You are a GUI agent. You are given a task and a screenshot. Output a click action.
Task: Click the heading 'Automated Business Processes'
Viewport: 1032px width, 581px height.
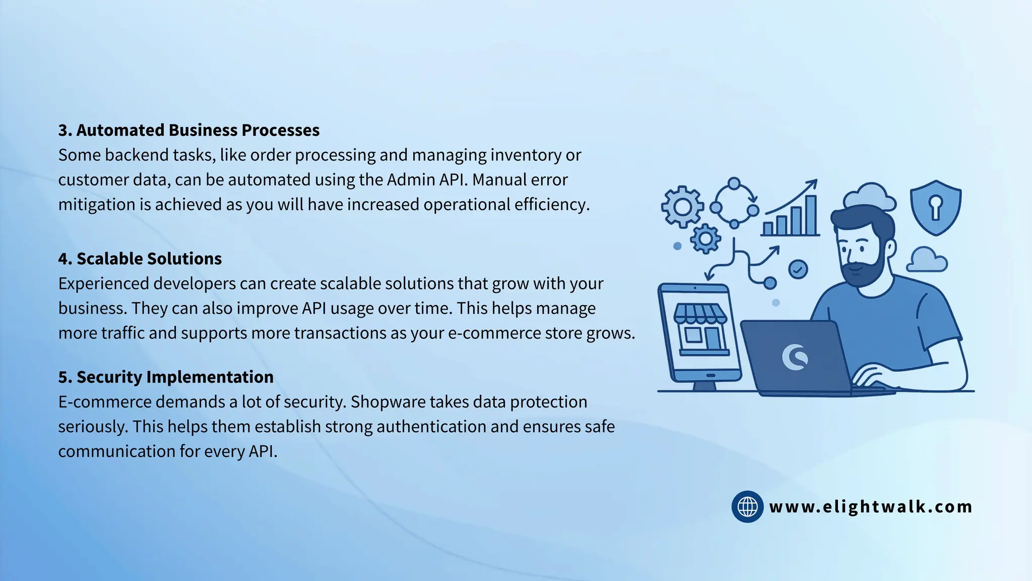pyautogui.click(x=198, y=130)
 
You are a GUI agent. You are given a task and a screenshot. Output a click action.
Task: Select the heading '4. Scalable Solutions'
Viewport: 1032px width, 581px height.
pyautogui.click(x=140, y=259)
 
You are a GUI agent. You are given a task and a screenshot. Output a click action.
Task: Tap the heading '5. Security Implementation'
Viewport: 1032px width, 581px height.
pyautogui.click(x=166, y=377)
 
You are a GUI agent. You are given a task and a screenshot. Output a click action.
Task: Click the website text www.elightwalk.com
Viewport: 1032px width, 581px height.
pyautogui.click(x=871, y=506)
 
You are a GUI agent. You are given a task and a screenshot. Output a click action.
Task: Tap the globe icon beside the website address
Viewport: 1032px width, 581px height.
pyautogui.click(x=747, y=506)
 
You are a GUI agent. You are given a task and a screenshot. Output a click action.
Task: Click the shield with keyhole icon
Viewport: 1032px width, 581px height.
pyautogui.click(x=935, y=207)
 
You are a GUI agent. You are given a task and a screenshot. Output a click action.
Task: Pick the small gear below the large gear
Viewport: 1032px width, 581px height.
pyautogui.click(x=705, y=238)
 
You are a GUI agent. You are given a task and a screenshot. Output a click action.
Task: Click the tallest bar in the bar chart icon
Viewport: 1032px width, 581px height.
pyautogui.click(x=811, y=215)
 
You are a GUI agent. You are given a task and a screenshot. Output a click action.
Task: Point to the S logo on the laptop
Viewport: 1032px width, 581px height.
pyautogui.click(x=795, y=357)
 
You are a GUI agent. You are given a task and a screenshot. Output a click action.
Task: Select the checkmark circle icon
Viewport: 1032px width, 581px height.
pyautogui.click(x=798, y=269)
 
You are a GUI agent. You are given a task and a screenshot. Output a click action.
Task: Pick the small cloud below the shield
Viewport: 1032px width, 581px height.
pyautogui.click(x=927, y=260)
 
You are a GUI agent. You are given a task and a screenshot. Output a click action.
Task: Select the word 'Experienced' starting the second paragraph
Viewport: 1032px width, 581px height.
pyautogui.click(x=103, y=283)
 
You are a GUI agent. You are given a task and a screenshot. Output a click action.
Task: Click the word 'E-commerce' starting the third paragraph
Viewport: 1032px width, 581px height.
pyautogui.click(x=105, y=402)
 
